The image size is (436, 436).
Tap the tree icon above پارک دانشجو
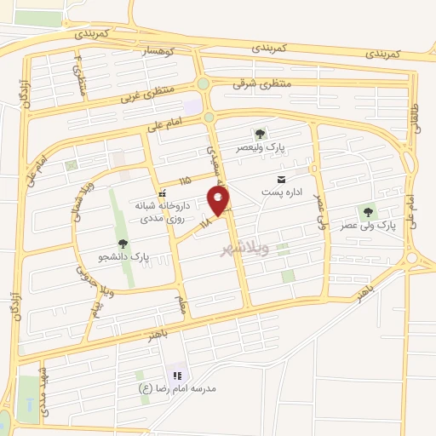[123, 244]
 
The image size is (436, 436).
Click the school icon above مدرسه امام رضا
[178, 376]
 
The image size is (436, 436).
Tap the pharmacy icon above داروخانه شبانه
[162, 194]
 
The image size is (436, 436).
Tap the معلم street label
[181, 302]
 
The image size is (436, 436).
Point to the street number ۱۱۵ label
[186, 181]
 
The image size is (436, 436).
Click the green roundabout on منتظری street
[203, 83]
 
